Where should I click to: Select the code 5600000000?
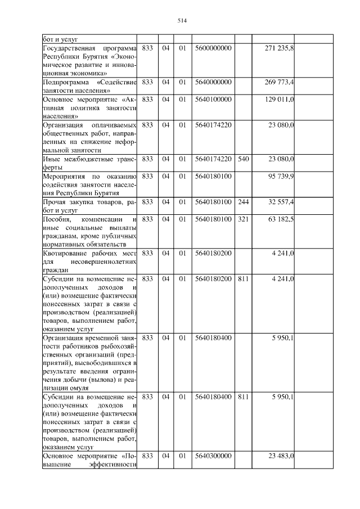pos(213,49)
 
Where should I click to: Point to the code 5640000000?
pos(213,82)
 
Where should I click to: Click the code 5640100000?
pos(213,100)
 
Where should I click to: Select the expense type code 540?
pos(243,159)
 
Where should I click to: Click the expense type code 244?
pos(243,201)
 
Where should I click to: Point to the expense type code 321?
pos(243,219)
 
